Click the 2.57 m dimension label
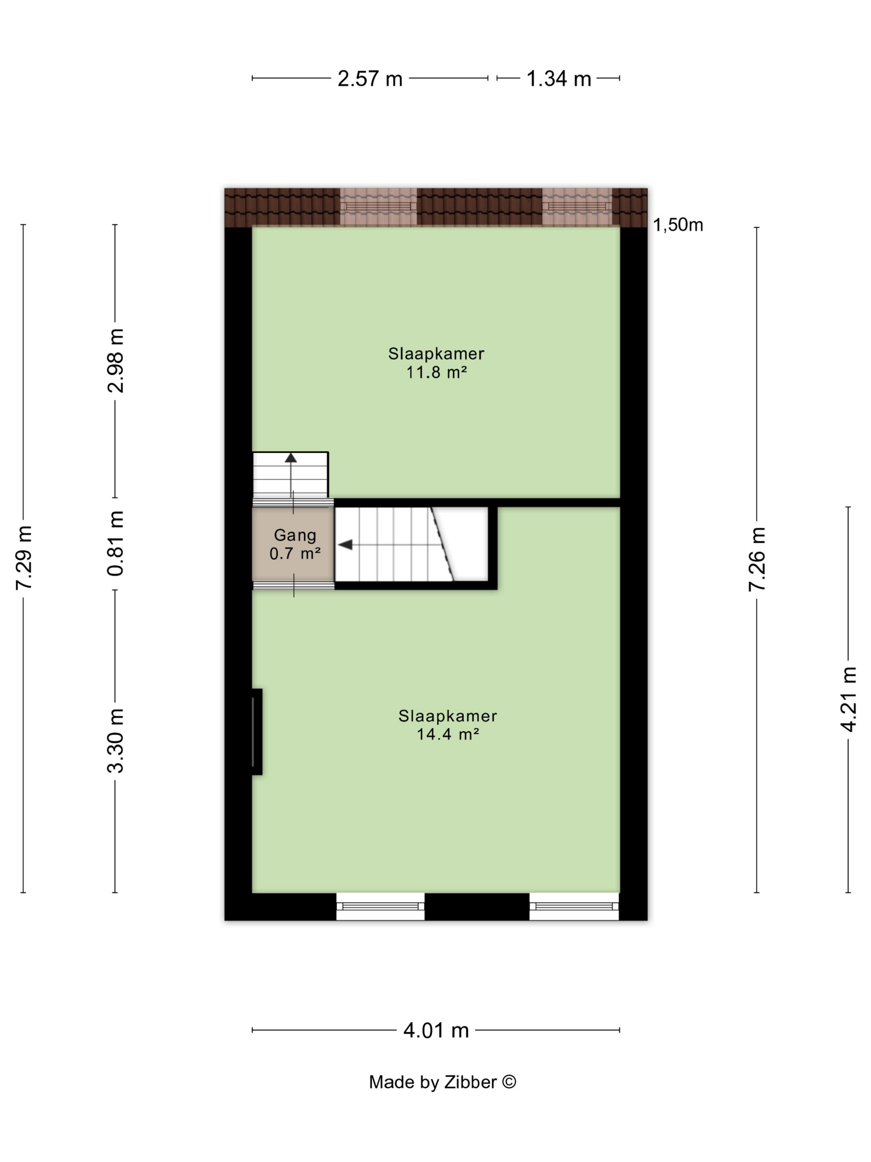tap(370, 79)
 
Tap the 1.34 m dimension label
tap(558, 79)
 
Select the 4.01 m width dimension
tap(436, 1031)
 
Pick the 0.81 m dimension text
tap(115, 543)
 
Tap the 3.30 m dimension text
tap(115, 741)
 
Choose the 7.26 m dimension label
tap(757, 559)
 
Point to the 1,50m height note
tap(678, 225)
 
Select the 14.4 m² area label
tap(447, 734)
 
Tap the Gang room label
tap(295, 535)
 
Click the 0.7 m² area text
tap(294, 553)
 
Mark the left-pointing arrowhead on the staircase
tap(345, 545)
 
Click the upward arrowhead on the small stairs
tap(291, 458)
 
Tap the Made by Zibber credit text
tap(443, 1082)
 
